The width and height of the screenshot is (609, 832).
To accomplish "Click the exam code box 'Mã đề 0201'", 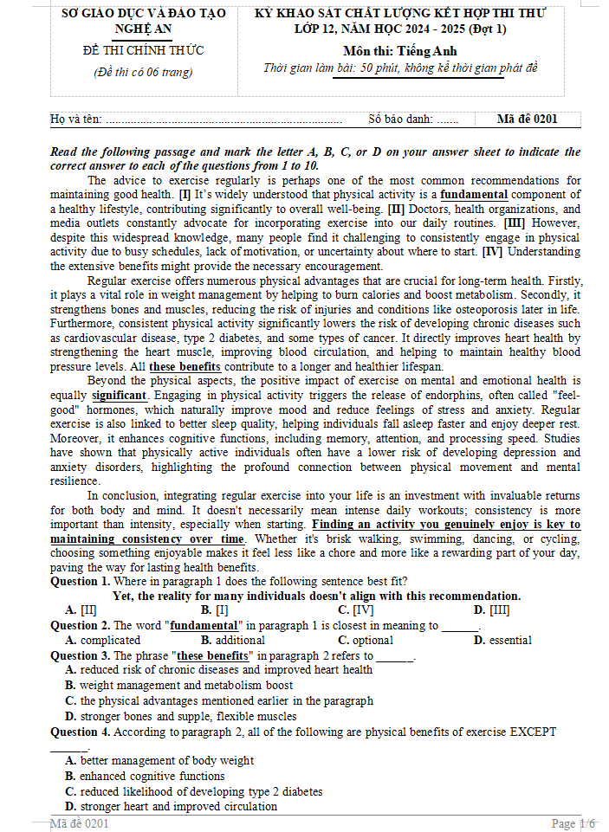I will (528, 119).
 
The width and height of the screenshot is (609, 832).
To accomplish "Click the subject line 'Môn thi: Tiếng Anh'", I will (399, 51).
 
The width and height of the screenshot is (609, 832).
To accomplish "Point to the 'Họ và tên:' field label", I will (76, 119).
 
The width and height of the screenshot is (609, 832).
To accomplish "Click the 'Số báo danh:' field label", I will (400, 119).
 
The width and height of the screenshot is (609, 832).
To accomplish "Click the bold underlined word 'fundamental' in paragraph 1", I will (474, 195).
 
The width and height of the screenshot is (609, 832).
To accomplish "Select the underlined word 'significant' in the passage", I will (120, 396).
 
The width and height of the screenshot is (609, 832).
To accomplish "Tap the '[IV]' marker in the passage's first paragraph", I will (491, 252).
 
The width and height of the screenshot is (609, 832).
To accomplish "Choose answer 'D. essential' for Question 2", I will (502, 641).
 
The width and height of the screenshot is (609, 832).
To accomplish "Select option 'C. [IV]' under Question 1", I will (355, 610).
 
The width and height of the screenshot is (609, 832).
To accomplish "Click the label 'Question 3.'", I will (80, 655).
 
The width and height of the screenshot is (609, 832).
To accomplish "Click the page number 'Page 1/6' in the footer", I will (573, 823).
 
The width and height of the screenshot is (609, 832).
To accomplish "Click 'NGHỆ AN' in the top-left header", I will (143, 29).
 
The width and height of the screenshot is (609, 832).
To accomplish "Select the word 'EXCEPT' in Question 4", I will (533, 732).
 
